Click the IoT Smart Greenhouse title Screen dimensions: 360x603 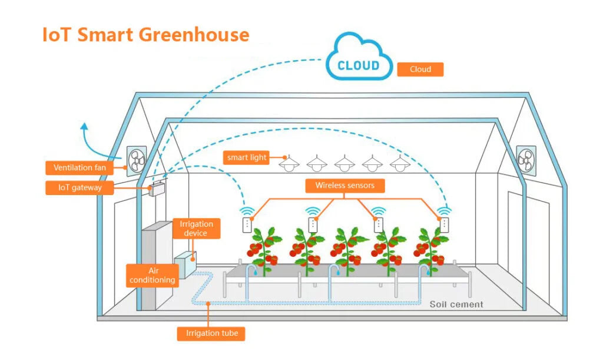[145, 34]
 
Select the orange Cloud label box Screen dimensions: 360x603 [420, 70]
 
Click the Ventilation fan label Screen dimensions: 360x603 [79, 168]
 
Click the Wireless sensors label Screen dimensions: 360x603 [344, 186]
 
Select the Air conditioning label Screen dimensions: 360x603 [153, 275]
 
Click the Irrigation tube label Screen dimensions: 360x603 [211, 333]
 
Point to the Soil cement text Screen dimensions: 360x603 [456, 304]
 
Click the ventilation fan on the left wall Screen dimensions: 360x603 [137, 160]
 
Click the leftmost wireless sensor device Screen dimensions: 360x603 [247, 224]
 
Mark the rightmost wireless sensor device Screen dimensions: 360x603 [444, 224]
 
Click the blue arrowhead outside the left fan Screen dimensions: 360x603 [84, 125]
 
